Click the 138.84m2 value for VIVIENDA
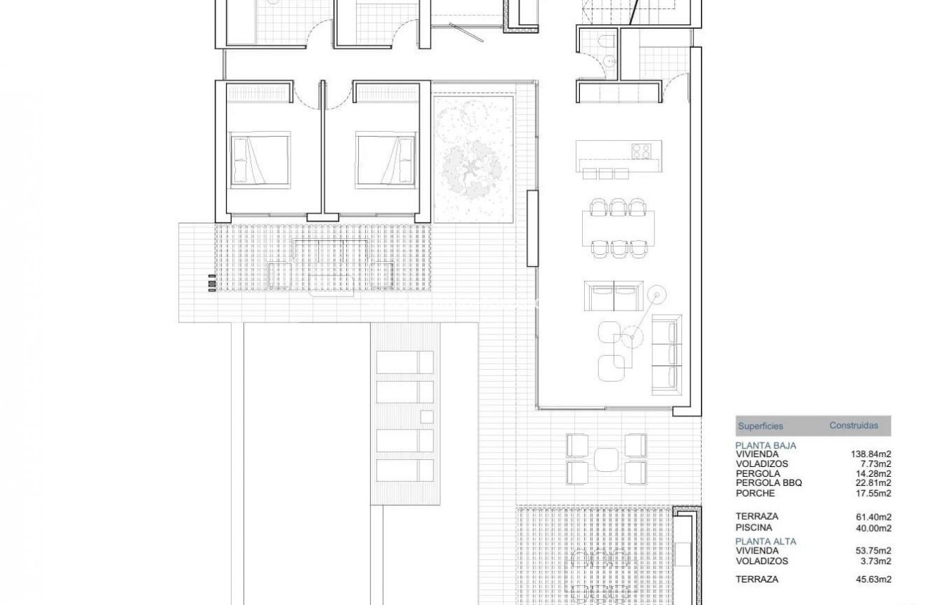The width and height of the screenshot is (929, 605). coord(871,455)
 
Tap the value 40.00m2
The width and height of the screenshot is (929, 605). coord(873,528)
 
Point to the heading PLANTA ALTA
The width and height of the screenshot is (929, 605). coord(766,542)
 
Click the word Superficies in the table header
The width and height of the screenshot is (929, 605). coord(760,426)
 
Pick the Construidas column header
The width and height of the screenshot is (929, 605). coord(854,425)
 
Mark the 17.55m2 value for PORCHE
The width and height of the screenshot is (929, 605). coord(873,494)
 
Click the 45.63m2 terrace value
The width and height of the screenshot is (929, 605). coord(873,580)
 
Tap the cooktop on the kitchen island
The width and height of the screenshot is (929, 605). coord(640,151)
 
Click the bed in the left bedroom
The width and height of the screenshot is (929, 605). coord(260,160)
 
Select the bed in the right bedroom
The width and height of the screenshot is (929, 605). coord(384,160)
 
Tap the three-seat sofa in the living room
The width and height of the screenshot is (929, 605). coord(666,354)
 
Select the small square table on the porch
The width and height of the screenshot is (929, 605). coord(606,459)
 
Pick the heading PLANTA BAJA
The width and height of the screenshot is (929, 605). coord(766,446)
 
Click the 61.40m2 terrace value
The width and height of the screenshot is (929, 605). coord(873,517)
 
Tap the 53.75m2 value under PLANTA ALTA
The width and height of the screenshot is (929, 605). coord(873,551)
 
